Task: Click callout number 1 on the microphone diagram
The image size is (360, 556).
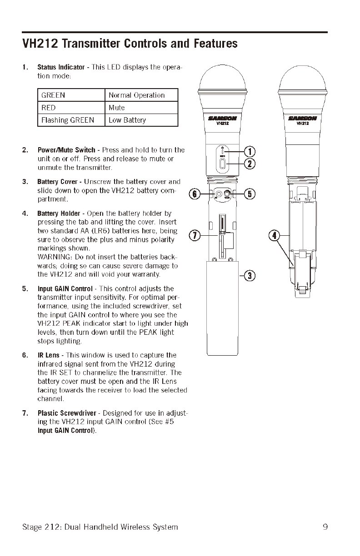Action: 250,152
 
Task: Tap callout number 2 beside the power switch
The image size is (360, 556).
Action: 250,164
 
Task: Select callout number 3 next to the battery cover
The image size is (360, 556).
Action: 250,275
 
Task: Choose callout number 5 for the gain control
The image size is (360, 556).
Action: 250,194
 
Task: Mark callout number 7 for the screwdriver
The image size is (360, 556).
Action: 194,235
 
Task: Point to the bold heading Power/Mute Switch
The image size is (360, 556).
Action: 66,150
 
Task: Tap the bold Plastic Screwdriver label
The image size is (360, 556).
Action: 67,413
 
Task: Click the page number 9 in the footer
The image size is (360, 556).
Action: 325,527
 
